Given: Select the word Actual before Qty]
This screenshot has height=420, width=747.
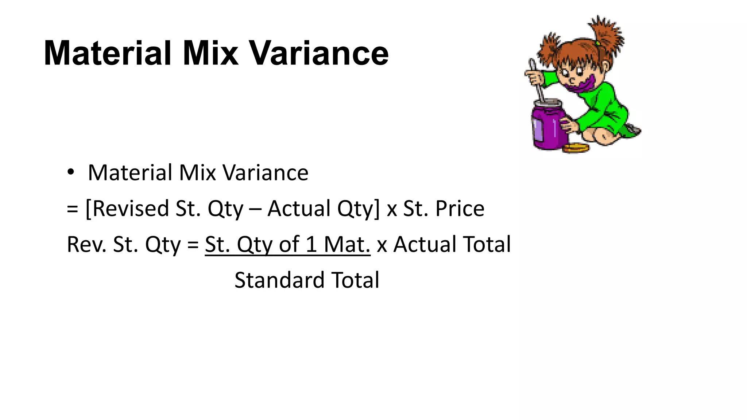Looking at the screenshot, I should (x=299, y=209).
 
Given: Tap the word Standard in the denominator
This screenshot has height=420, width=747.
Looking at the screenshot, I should (x=279, y=280).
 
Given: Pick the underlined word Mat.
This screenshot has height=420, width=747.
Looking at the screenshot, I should (x=347, y=244).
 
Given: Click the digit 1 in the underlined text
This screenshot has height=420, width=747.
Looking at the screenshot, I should (x=311, y=244).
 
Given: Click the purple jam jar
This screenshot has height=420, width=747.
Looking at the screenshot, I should (x=548, y=126).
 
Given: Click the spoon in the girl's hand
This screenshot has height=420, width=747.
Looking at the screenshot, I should (x=536, y=80).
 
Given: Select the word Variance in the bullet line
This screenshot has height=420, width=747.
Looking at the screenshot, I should (x=265, y=172).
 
